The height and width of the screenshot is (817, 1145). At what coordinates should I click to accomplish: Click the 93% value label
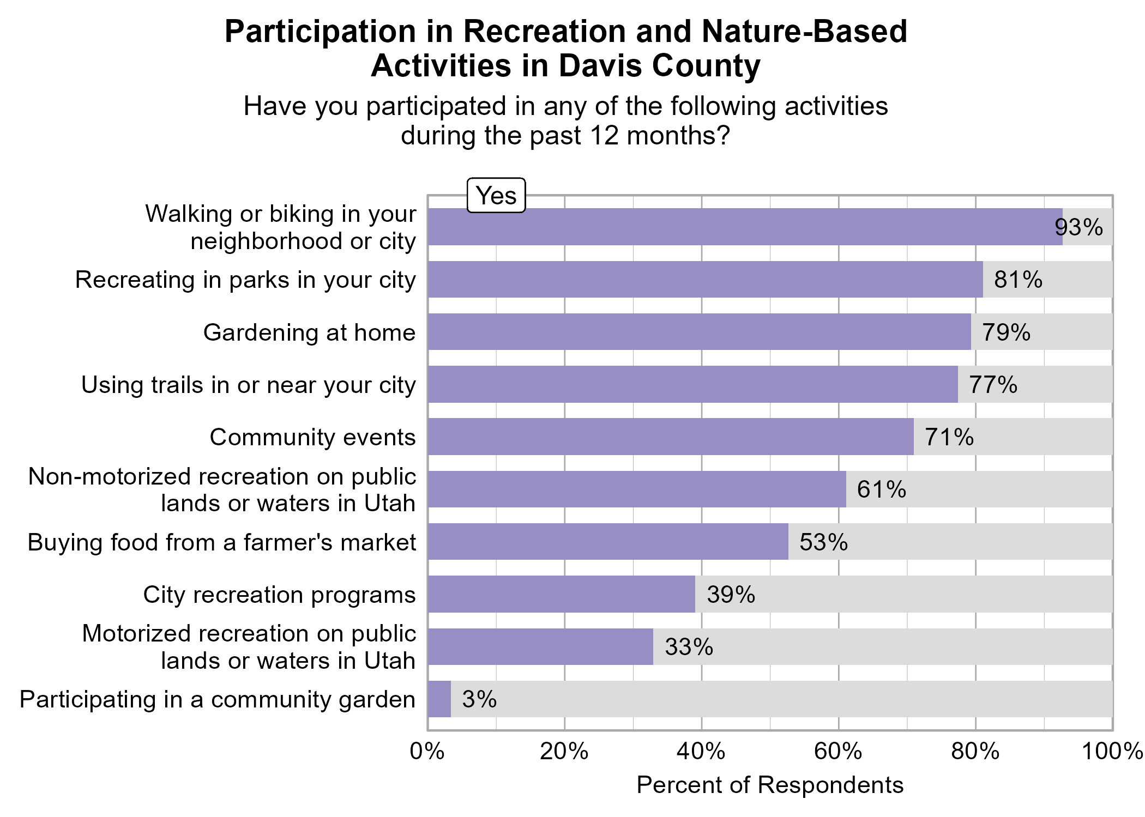[1078, 227]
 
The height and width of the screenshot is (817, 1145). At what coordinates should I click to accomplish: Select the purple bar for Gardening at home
[699, 332]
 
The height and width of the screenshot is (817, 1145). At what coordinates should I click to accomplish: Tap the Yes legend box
[496, 196]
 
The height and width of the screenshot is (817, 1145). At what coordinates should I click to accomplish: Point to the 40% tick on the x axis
[701, 752]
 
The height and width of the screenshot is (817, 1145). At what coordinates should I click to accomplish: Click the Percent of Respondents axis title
[770, 785]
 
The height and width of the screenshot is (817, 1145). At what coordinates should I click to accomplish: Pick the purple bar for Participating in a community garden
[439, 699]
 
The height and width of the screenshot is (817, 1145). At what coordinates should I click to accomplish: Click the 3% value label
[479, 699]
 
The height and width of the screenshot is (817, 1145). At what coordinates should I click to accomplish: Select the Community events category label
[312, 437]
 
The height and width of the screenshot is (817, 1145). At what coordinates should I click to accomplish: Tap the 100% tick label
[1112, 752]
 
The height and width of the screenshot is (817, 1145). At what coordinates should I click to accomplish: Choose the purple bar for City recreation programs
[561, 594]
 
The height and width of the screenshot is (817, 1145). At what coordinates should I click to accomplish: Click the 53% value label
[823, 542]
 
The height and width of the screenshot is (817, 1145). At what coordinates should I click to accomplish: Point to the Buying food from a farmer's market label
[222, 542]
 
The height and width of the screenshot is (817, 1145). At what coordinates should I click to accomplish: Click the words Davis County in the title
[659, 66]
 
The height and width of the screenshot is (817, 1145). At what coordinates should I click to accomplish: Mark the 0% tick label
[427, 752]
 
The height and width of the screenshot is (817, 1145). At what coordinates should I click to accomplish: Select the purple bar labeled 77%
[692, 385]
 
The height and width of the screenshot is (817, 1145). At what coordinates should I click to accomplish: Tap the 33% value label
[689, 647]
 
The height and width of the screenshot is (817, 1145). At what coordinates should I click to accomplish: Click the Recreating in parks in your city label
[245, 280]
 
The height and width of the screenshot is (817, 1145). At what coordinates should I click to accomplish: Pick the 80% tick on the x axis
[975, 752]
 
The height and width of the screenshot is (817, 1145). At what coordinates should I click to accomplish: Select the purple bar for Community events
[670, 437]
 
